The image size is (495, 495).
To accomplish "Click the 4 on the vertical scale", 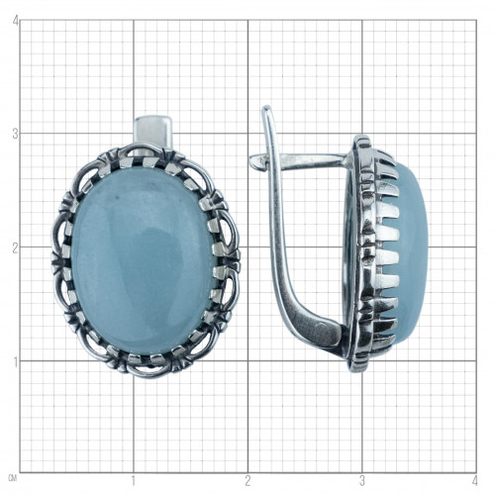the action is click(15, 21).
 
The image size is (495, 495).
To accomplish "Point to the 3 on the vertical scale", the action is click(15, 135).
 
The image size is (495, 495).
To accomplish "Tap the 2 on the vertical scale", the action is click(15, 248).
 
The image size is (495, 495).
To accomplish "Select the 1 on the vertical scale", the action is click(15, 362).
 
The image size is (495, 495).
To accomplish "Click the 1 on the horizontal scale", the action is click(134, 480).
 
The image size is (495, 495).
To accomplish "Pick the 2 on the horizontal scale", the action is click(247, 480).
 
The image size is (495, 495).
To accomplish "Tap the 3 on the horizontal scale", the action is click(362, 480).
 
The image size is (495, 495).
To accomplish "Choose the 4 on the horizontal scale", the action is click(475, 480).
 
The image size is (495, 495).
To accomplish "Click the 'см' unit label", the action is click(14, 477).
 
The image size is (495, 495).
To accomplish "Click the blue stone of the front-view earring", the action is click(143, 260).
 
